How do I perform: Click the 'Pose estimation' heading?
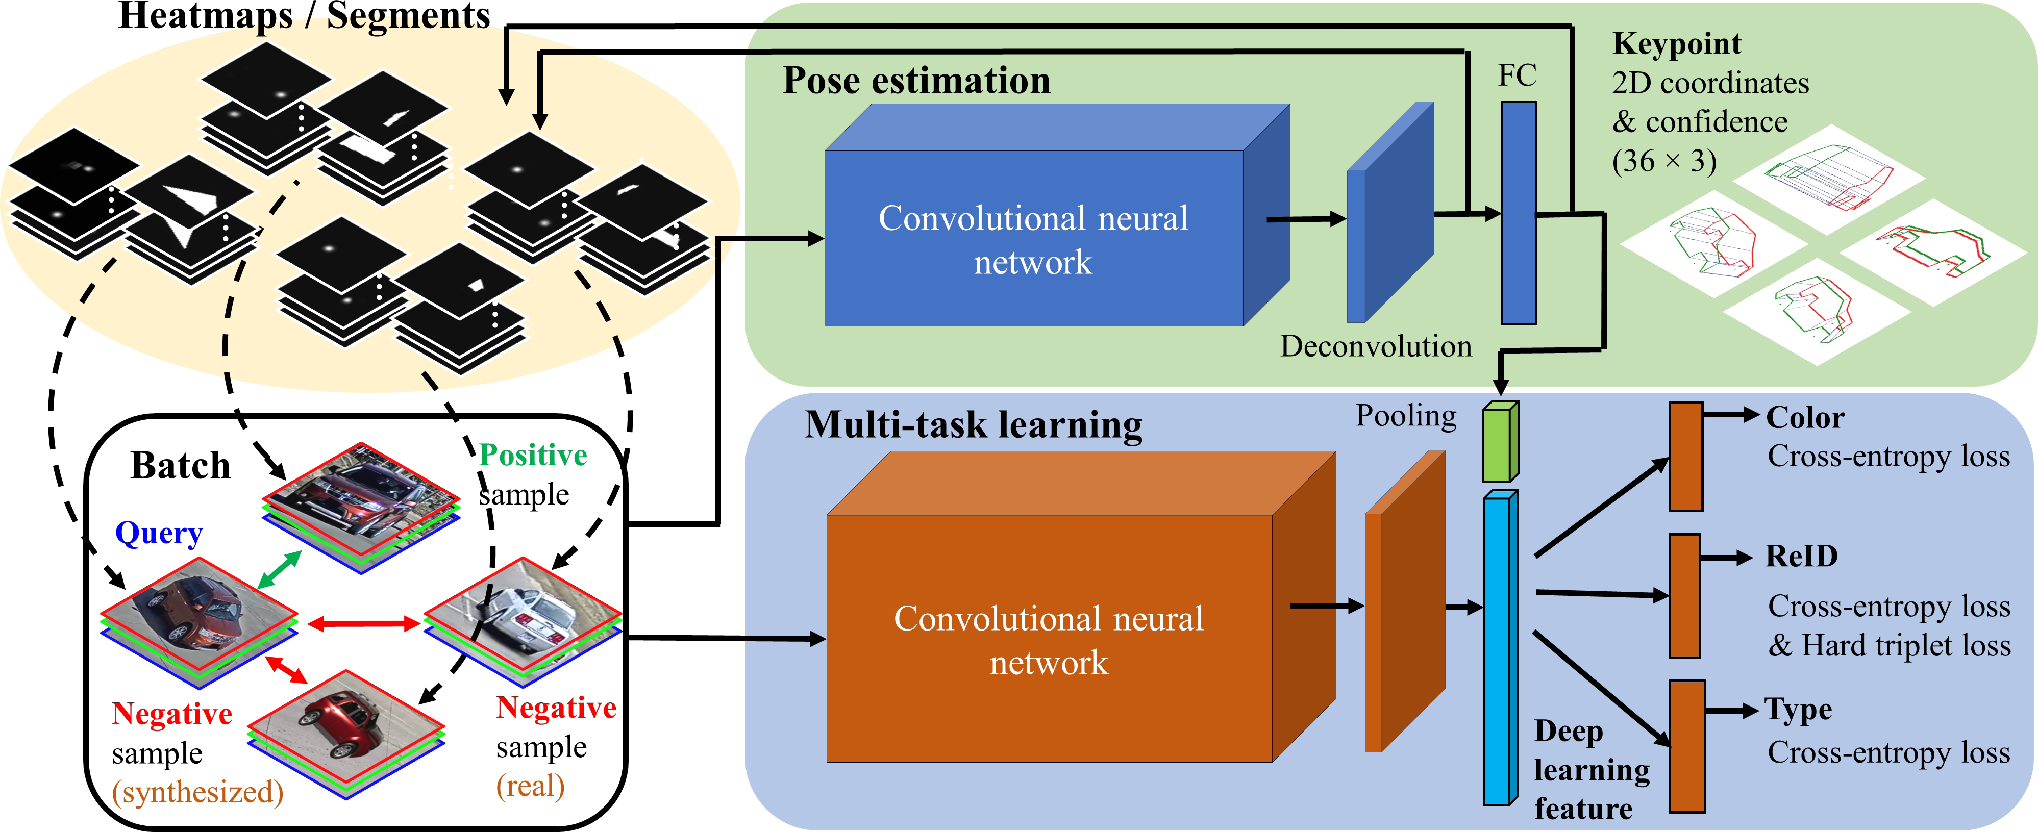tap(916, 81)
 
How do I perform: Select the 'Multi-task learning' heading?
tap(973, 425)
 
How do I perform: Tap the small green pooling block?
tap(1499, 442)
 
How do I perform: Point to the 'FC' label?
tap(1517, 76)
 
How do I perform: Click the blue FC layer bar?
tap(1518, 214)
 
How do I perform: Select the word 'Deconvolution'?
tap(1376, 346)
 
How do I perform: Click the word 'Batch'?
tap(181, 466)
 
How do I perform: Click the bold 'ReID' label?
tap(1801, 556)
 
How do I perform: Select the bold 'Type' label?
tap(1798, 710)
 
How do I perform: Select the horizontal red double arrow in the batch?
tap(363, 624)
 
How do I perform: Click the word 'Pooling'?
tap(1405, 416)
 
